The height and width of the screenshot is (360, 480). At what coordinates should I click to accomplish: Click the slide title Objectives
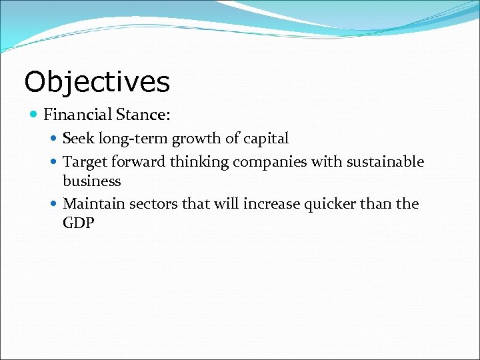[97, 82]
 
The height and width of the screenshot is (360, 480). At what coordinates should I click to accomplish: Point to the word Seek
[79, 139]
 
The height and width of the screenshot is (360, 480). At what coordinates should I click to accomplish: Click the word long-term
[133, 139]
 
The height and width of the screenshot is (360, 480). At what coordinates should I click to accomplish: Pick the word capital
[265, 139]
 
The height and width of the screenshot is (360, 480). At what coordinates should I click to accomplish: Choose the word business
[92, 181]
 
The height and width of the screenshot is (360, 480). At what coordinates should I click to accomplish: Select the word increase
[271, 203]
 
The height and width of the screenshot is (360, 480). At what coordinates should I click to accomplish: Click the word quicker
[331, 203]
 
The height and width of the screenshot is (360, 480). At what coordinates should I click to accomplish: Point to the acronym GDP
[79, 223]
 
